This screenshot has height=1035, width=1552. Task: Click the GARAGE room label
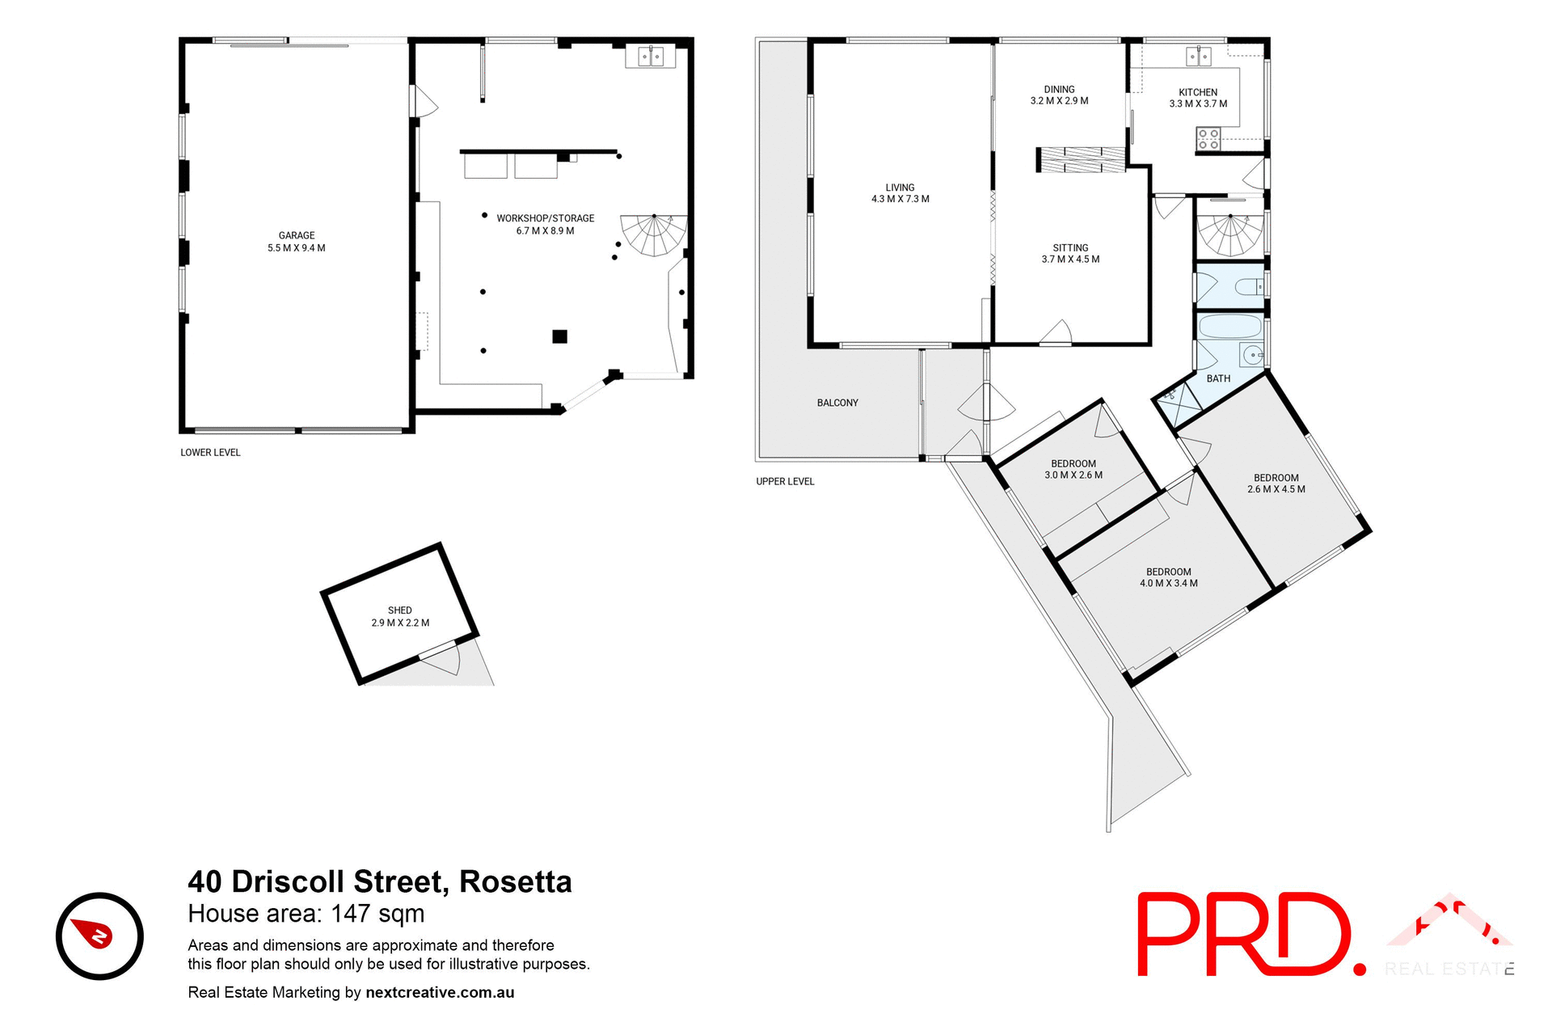point(296,235)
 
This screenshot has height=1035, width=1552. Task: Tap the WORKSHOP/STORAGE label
point(545,218)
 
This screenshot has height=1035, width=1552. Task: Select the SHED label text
point(399,610)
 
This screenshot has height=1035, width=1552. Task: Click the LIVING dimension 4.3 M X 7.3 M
point(900,199)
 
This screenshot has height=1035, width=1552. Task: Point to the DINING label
point(1059,90)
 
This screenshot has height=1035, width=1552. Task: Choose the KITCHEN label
point(1197,92)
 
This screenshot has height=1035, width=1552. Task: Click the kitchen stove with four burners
point(1208,139)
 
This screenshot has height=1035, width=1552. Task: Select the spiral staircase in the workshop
point(653,235)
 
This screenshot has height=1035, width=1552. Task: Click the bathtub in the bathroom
point(1229,327)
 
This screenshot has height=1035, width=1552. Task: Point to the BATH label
point(1218,378)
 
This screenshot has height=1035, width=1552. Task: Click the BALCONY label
point(837,403)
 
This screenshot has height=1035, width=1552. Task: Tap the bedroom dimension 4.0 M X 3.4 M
point(1168,583)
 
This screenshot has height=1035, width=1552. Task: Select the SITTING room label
point(1070,248)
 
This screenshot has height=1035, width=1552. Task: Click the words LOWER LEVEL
point(210,453)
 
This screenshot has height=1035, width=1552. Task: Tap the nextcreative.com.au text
point(440,992)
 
